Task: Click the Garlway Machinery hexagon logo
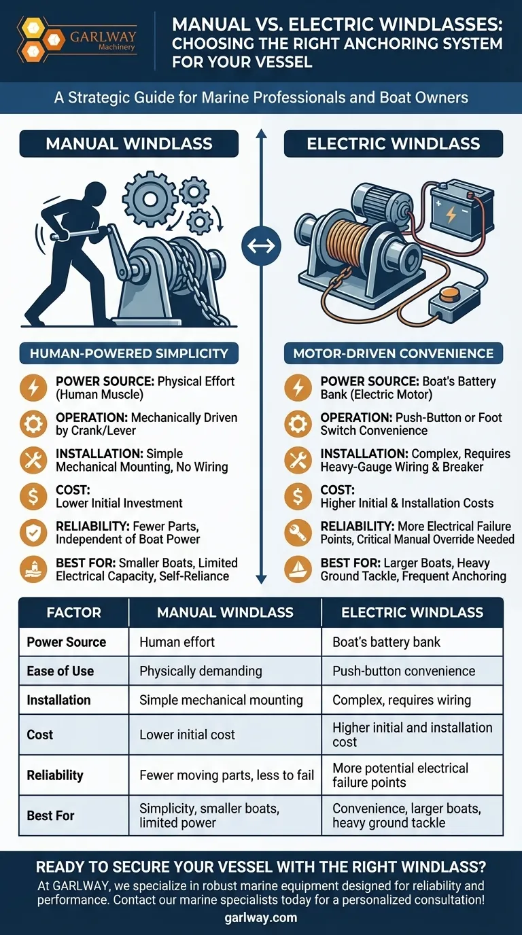[x=41, y=39]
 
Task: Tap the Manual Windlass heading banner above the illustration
[x=129, y=143]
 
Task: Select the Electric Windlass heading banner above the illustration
[x=394, y=143]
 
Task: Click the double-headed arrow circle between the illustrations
[x=261, y=245]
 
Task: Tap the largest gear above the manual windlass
[x=150, y=198]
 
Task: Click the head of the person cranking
[x=95, y=194]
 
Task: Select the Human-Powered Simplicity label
[x=129, y=353]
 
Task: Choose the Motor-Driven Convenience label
[x=394, y=353]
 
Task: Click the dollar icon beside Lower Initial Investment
[x=33, y=496]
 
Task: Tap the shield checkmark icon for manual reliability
[x=33, y=533]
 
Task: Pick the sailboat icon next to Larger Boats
[x=298, y=569]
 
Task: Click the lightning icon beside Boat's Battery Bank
[x=298, y=388]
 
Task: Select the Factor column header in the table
[x=74, y=612]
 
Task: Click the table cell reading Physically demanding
[x=225, y=671]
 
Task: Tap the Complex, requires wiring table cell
[x=412, y=700]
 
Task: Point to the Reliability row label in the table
[x=55, y=775]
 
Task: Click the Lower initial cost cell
[x=225, y=735]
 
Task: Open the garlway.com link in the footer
[x=261, y=917]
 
